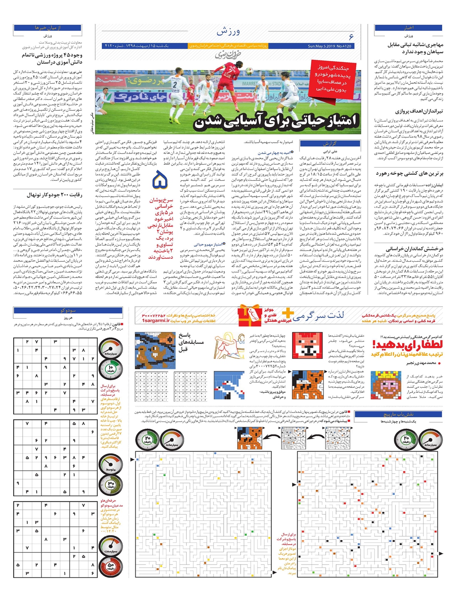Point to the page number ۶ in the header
pos(351,37)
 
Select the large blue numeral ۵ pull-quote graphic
pos(159,181)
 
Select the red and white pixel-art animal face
pos(307,344)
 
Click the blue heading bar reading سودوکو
pos(68,310)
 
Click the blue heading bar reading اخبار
pos(408,28)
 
